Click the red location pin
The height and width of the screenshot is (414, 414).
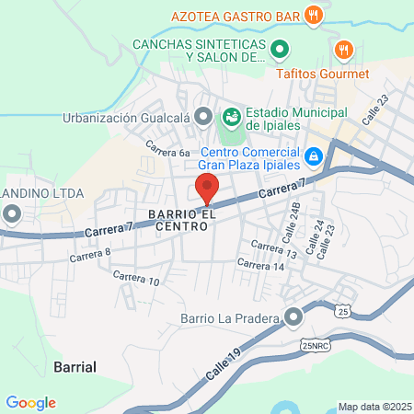tap(207, 187)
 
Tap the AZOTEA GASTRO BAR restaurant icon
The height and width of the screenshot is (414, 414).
tap(314, 15)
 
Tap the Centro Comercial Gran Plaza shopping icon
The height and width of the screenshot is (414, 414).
tap(314, 157)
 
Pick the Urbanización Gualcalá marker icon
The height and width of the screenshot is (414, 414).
tap(203, 117)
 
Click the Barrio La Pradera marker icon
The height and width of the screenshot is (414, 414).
tap(293, 318)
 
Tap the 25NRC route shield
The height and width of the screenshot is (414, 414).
tap(313, 345)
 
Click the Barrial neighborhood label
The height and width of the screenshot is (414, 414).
tap(75, 366)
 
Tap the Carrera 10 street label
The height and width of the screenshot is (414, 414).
tap(136, 279)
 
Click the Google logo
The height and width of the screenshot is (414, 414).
tap(30, 402)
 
